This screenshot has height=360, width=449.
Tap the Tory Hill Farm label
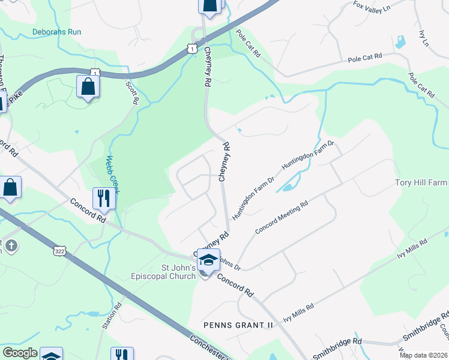tap(421, 182)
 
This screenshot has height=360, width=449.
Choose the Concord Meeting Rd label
tap(282, 217)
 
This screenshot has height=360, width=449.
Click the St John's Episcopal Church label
tap(163, 272)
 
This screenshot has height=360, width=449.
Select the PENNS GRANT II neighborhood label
tap(238, 325)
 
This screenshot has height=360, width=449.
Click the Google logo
tap(20, 353)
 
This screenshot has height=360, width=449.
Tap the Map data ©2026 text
tap(423, 355)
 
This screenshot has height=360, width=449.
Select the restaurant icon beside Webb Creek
tap(104, 199)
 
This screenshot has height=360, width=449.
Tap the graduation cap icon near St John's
tap(207, 260)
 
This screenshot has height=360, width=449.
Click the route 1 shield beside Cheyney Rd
tap(191, 47)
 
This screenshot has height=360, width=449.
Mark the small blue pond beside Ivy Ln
tap(400, 42)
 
